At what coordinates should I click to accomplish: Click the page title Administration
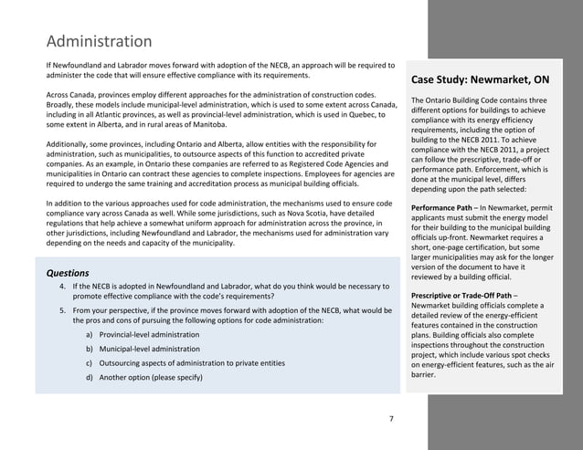[x=99, y=42]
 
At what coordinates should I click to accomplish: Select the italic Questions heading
[x=68, y=273]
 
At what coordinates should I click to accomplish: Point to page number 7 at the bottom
[x=391, y=419]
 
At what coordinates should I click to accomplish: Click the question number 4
[x=61, y=287]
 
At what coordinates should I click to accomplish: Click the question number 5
[x=61, y=310]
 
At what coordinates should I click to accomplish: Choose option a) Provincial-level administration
[x=142, y=335]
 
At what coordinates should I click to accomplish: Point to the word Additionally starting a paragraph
[x=69, y=146]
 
